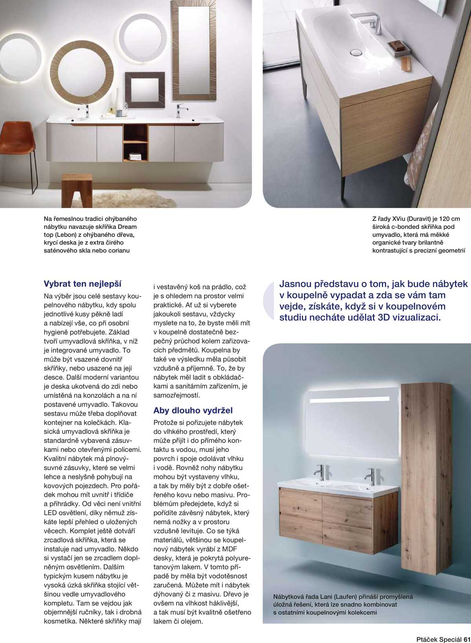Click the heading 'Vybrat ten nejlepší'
click(82, 284)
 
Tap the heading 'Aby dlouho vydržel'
click(193, 410)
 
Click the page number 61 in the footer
click(467, 639)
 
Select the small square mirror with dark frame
click(145, 90)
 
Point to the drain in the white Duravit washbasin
click(356, 52)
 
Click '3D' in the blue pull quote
click(383, 317)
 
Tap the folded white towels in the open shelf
click(135, 156)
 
